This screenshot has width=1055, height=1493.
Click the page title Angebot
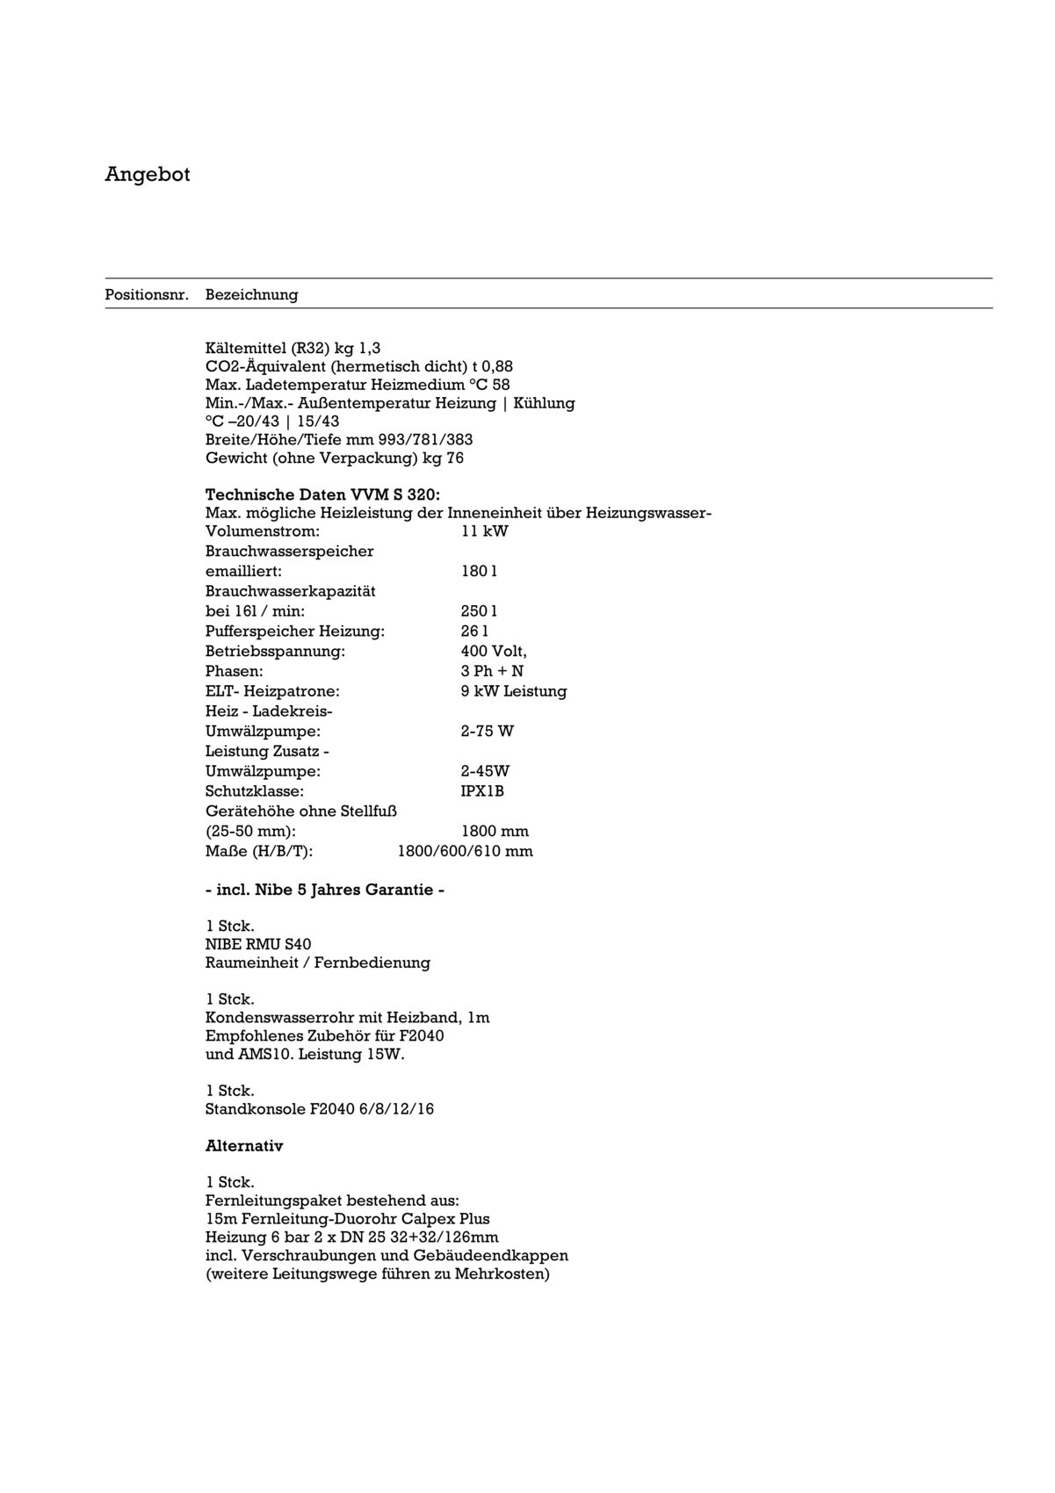pyautogui.click(x=148, y=174)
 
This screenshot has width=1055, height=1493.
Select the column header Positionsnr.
pyautogui.click(x=147, y=294)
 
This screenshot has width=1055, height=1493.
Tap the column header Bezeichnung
pyautogui.click(x=251, y=294)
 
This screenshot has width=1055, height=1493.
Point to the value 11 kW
pyautogui.click(x=484, y=531)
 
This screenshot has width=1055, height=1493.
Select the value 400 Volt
pyautogui.click(x=494, y=651)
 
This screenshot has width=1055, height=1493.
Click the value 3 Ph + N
pyautogui.click(x=492, y=671)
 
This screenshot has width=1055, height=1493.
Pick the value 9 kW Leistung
pyautogui.click(x=514, y=691)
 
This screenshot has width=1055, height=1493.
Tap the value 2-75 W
pyautogui.click(x=487, y=731)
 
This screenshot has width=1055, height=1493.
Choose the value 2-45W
pyautogui.click(x=485, y=771)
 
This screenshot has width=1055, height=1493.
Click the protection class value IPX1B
pyautogui.click(x=482, y=790)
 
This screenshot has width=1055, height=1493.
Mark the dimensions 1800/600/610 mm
pyautogui.click(x=465, y=851)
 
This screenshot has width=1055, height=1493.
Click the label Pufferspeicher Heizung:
pyautogui.click(x=295, y=631)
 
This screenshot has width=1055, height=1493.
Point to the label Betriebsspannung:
pyautogui.click(x=275, y=651)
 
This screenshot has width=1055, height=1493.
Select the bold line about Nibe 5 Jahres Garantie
pyautogui.click(x=324, y=890)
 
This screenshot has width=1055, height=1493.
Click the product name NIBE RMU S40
pyautogui.click(x=258, y=944)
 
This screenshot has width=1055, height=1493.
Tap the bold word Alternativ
pyautogui.click(x=244, y=1146)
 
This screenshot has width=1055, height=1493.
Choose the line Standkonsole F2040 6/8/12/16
pyautogui.click(x=319, y=1109)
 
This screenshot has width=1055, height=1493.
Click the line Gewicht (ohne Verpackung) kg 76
pyautogui.click(x=334, y=458)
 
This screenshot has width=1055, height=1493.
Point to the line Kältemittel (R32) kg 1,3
pyautogui.click(x=293, y=348)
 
